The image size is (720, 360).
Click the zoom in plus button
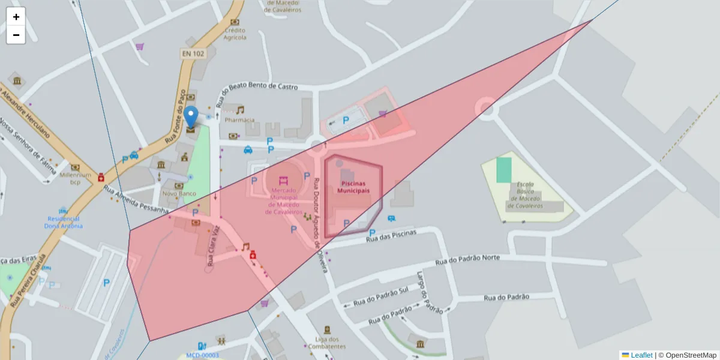point(16,17)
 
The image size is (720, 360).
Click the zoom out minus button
point(16,35)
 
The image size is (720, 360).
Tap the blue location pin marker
point(191,116)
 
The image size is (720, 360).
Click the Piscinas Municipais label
point(353,187)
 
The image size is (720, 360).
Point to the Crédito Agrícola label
point(235,34)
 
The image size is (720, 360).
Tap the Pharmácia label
point(240,120)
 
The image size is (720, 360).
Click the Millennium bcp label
point(75,178)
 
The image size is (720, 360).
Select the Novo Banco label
point(179,194)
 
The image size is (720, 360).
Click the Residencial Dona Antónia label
point(64,222)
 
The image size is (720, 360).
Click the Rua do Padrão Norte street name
point(467,259)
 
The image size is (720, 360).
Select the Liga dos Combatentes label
point(326,343)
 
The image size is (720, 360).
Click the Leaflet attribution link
point(641,355)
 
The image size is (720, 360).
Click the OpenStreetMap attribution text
point(690,355)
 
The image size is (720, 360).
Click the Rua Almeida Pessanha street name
point(136,200)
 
